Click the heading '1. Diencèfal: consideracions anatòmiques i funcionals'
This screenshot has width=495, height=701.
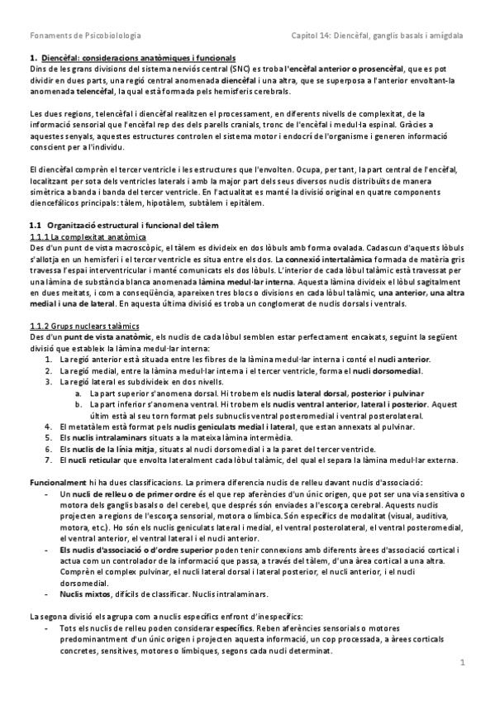tap(132, 59)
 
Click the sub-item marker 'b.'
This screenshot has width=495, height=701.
tap(77, 403)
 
